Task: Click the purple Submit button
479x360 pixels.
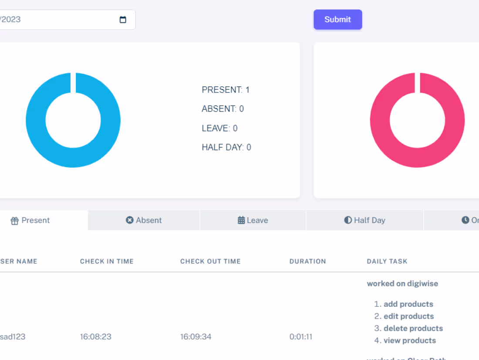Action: click(x=337, y=20)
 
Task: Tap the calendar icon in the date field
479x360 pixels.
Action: click(x=123, y=20)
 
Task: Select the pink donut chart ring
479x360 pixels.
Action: click(x=379, y=120)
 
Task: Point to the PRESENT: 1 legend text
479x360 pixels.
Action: click(x=226, y=90)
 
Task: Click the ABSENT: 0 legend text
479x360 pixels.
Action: click(x=223, y=109)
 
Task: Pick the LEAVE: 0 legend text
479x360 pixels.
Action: click(x=219, y=128)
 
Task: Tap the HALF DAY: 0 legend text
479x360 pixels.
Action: click(x=226, y=147)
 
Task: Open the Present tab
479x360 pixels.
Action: click(x=30, y=221)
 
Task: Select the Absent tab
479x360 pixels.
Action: click(x=144, y=221)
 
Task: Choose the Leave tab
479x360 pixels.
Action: click(x=253, y=221)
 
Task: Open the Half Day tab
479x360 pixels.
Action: click(x=365, y=221)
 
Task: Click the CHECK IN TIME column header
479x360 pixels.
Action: click(x=107, y=262)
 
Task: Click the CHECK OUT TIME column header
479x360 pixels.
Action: click(x=210, y=262)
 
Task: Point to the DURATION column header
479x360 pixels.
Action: click(x=307, y=262)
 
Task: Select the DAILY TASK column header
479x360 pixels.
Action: click(x=387, y=262)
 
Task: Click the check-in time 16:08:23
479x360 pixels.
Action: click(x=96, y=337)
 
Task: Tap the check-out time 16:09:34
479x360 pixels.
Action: click(x=196, y=337)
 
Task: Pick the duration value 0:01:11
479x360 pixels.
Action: click(x=301, y=337)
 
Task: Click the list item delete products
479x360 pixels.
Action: click(x=413, y=329)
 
